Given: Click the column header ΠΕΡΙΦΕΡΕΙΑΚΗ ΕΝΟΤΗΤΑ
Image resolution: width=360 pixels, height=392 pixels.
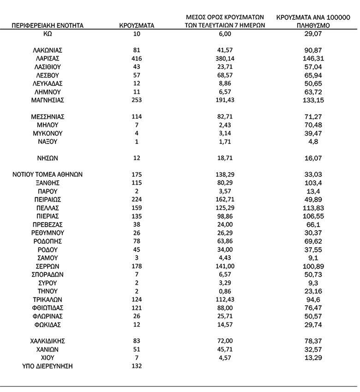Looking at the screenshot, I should click(x=48, y=25).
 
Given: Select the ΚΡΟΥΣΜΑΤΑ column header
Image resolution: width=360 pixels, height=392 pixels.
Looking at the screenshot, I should click(x=136, y=25).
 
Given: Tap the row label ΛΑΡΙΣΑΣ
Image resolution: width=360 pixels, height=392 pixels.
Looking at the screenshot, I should click(x=47, y=59).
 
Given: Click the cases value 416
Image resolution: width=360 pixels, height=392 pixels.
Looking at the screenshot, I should click(x=136, y=59).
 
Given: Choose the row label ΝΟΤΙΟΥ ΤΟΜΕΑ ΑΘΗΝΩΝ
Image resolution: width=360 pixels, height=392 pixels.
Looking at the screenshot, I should click(x=47, y=175).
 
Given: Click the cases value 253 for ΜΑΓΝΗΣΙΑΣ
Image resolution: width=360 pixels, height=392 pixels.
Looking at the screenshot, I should click(x=136, y=100).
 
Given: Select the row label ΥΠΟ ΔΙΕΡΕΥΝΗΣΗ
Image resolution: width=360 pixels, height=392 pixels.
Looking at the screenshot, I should click(x=47, y=367).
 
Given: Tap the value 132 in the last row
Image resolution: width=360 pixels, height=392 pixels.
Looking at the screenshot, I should click(x=136, y=367).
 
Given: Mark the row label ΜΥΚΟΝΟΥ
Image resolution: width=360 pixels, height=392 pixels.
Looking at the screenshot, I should click(x=47, y=133).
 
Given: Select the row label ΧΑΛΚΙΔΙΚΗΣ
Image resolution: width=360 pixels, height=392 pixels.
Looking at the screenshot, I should click(x=47, y=341).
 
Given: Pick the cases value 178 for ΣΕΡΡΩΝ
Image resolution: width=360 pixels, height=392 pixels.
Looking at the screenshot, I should click(x=136, y=266).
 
